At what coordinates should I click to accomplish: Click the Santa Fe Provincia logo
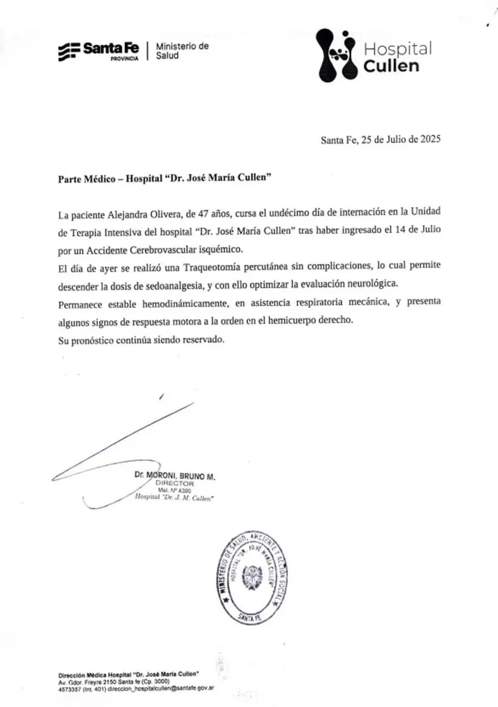tap(100, 50)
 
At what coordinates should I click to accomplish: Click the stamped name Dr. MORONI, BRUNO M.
tap(175, 476)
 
